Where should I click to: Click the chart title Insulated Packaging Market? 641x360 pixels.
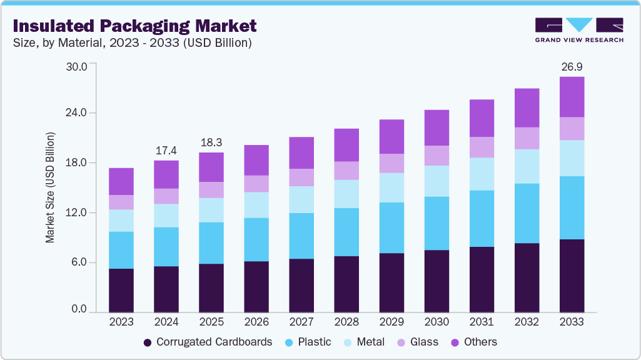(134, 26)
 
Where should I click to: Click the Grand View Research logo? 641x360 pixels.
(578, 30)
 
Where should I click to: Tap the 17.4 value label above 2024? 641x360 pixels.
(166, 151)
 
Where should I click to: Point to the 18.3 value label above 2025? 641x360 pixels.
(211, 143)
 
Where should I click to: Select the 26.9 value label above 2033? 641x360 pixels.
(572, 67)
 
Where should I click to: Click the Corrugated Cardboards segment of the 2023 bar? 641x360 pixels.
(121, 291)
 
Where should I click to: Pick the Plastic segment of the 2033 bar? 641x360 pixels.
(572, 207)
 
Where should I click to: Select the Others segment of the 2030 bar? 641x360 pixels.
(437, 127)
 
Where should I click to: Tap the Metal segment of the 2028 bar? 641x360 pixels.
(346, 194)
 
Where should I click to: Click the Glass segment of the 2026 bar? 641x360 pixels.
(256, 184)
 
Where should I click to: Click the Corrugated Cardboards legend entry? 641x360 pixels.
(208, 342)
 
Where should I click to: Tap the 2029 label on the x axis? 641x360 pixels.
(391, 322)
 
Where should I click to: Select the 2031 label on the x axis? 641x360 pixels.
(482, 322)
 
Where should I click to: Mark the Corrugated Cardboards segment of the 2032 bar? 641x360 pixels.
(527, 277)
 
